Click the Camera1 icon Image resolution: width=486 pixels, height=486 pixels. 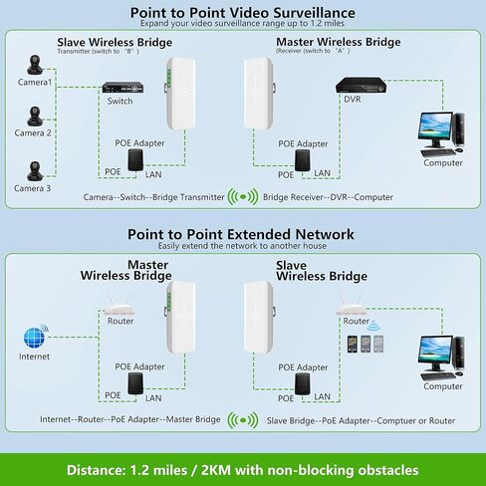point(35,65)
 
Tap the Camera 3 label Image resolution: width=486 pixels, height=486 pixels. point(32,188)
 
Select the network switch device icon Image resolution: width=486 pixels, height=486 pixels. point(122,88)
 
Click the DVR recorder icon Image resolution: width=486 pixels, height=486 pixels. point(361,86)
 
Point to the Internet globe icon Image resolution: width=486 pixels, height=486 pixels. point(36,337)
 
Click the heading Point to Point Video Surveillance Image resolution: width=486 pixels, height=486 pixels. point(243,13)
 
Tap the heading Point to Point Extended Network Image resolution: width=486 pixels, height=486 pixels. point(241,234)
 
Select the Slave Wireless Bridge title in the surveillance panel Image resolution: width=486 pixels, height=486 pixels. point(115,42)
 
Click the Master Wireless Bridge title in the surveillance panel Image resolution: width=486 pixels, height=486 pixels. point(339,42)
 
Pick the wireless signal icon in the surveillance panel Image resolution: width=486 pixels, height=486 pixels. point(243,196)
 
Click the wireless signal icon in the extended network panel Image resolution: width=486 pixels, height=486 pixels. point(243,420)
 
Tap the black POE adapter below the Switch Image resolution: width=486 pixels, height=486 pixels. point(135,160)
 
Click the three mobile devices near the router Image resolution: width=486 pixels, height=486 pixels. point(365,344)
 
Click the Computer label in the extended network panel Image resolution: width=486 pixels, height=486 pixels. point(443,386)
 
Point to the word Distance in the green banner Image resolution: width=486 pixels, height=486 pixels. point(95,470)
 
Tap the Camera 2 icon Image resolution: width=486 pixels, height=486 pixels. point(35,117)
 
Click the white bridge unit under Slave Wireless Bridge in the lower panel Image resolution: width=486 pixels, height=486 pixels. point(260,318)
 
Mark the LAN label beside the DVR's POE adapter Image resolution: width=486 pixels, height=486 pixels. point(322,173)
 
